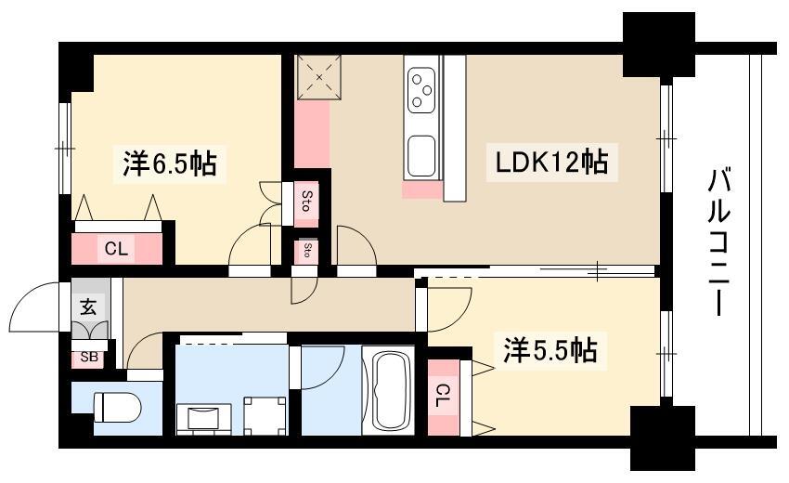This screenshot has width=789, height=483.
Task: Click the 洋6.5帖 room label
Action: [x=170, y=164]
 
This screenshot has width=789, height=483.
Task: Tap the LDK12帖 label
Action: [x=550, y=163]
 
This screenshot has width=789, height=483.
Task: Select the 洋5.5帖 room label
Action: [x=550, y=350]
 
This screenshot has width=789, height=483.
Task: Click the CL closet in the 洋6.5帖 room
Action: [x=117, y=248]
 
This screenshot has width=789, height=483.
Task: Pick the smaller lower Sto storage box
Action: [x=305, y=251]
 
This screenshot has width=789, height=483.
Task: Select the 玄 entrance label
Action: [x=87, y=307]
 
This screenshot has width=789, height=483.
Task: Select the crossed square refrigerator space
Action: [x=318, y=77]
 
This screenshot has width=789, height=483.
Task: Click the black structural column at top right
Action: [x=658, y=43]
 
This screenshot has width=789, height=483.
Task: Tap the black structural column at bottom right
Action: [x=662, y=437]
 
